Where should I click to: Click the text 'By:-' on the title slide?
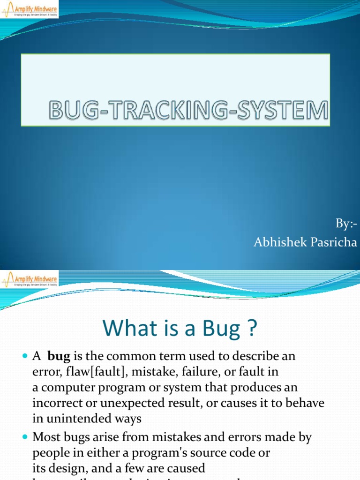[346, 224]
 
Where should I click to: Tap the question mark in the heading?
[251, 329]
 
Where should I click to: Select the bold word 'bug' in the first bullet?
[59, 356]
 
